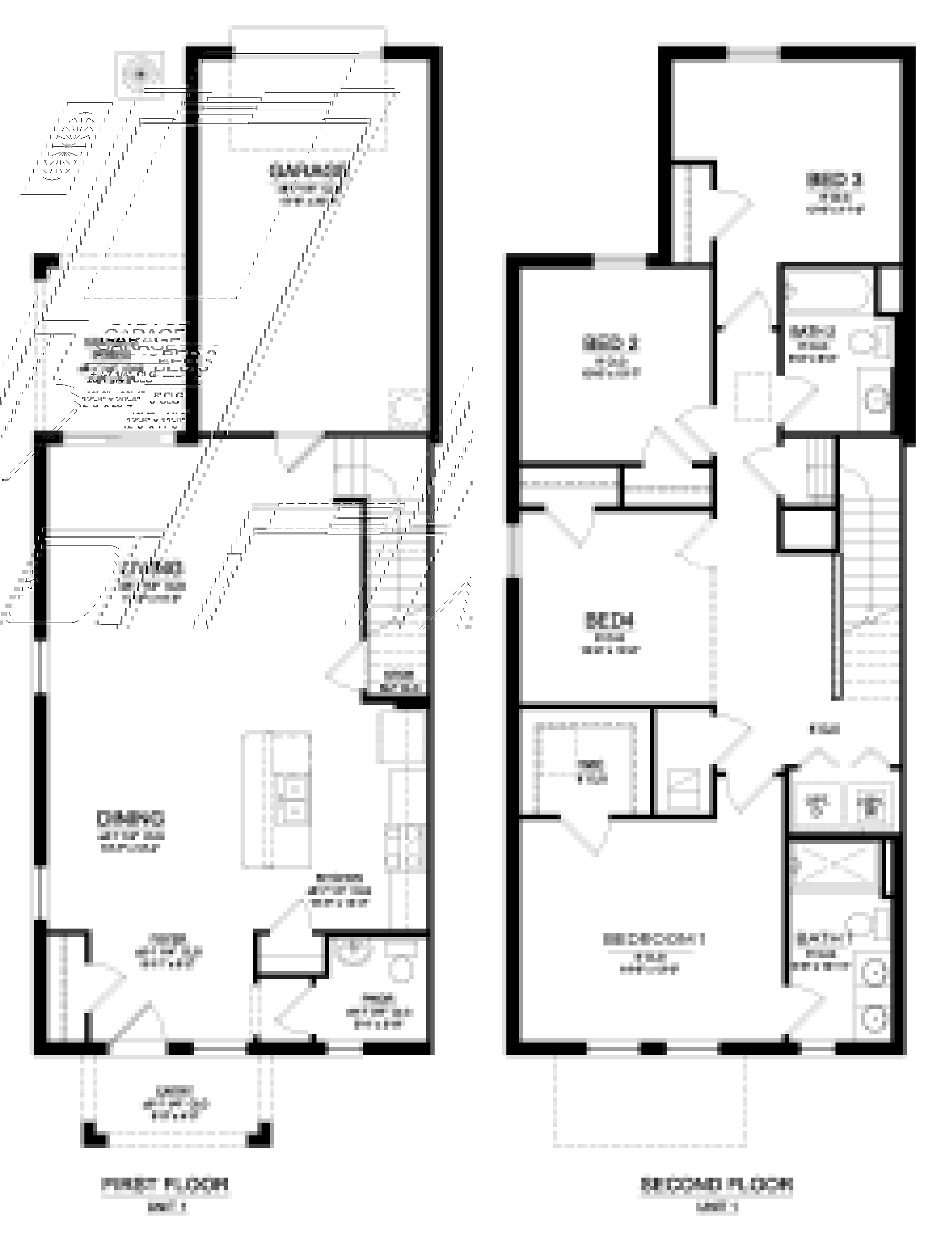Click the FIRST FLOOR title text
click(x=165, y=1183)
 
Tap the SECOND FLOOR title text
click(x=716, y=1183)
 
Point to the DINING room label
click(x=131, y=818)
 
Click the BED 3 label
click(x=834, y=180)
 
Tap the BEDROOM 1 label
click(x=654, y=939)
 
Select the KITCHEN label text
click(x=339, y=878)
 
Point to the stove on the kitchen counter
click(x=404, y=849)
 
